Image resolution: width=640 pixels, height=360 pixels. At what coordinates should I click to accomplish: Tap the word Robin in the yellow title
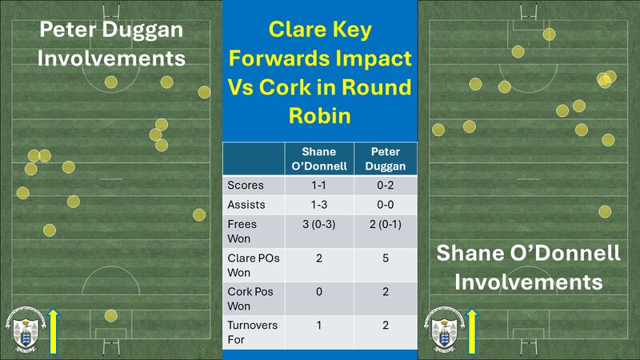click(x=319, y=115)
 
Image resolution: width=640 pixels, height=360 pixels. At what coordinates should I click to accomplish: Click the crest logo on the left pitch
click(x=26, y=328)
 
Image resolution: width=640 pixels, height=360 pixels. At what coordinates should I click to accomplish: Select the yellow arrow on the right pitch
click(x=472, y=330)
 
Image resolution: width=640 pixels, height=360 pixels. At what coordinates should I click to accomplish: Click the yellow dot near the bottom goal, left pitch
click(x=110, y=315)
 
